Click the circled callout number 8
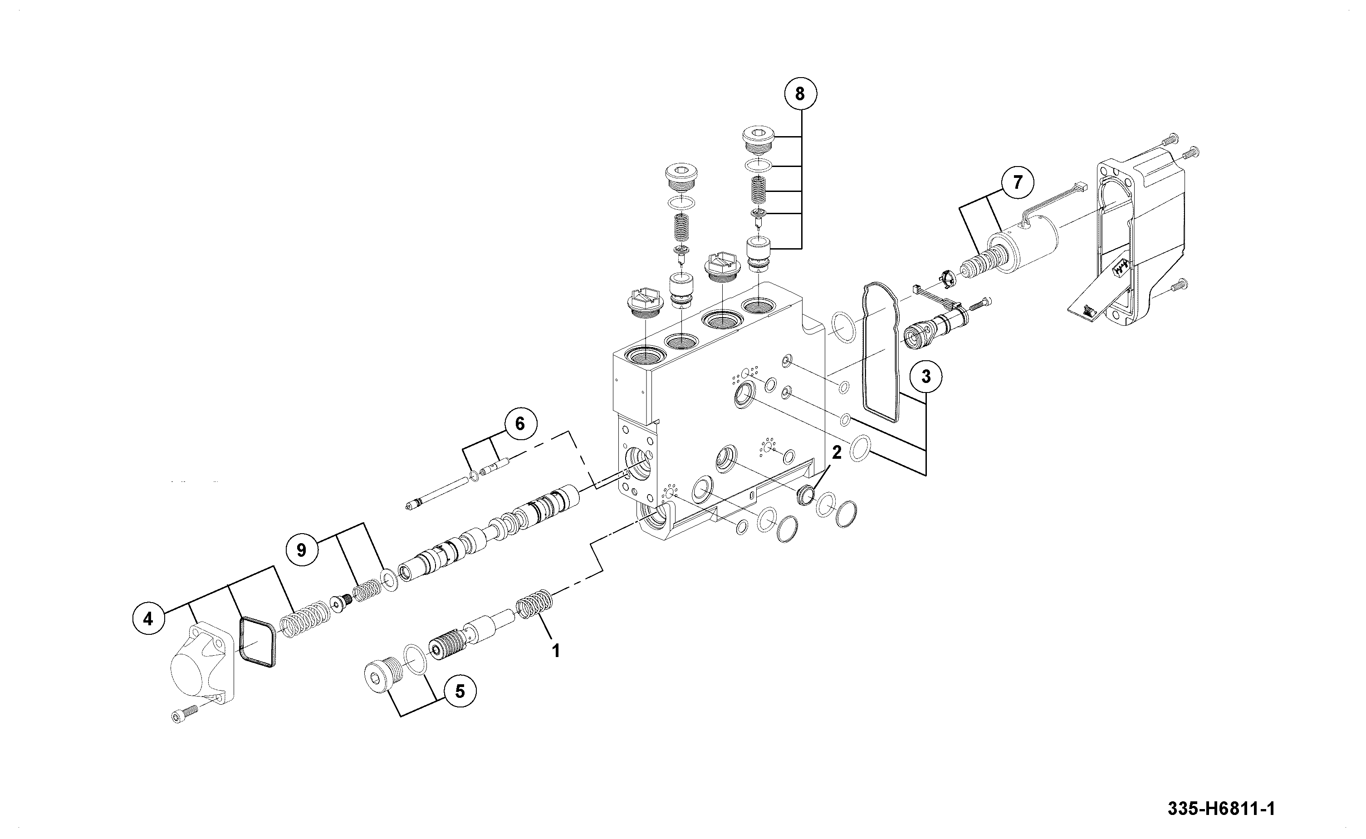[x=799, y=94]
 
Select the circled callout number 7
[x=1017, y=182]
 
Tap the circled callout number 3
[x=925, y=376]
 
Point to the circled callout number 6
[x=519, y=424]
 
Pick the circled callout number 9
[x=301, y=550]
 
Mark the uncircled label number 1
[x=555, y=650]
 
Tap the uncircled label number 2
[x=837, y=452]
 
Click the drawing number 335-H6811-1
[x=1221, y=809]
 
